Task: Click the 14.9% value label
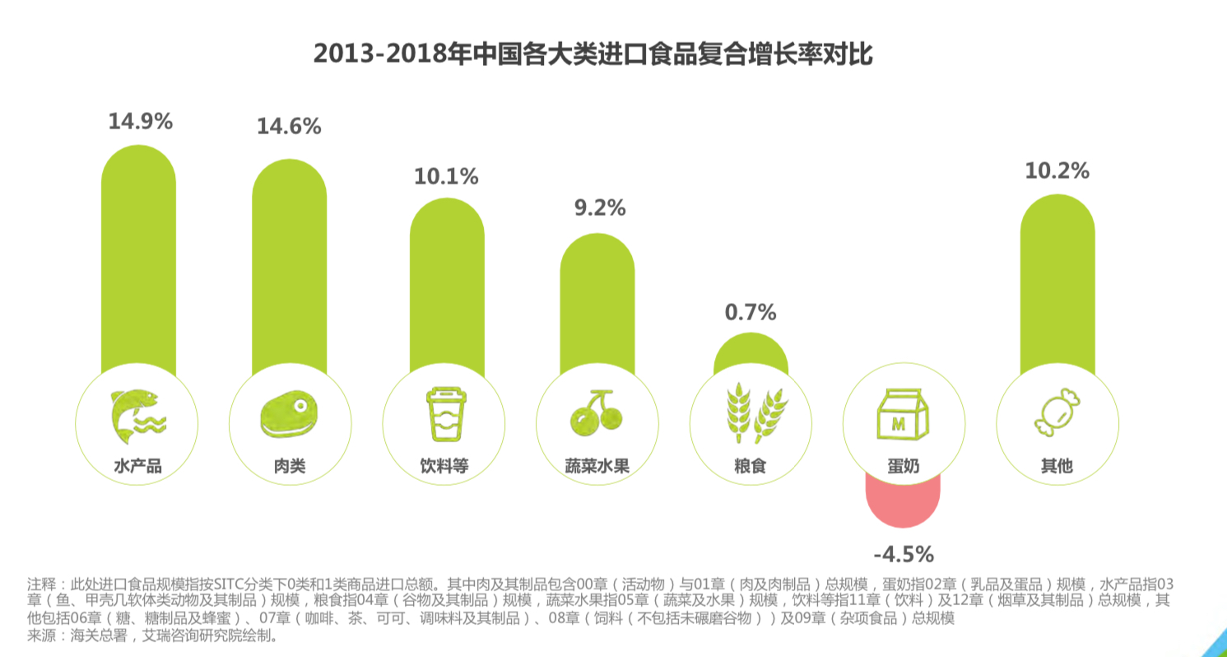point(140,122)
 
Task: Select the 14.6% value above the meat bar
point(289,127)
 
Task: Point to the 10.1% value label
point(446,176)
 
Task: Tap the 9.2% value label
point(599,208)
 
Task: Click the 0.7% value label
point(750,313)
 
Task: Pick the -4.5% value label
point(903,552)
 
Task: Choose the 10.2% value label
point(1057,171)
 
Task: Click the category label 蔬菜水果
point(597,467)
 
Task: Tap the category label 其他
point(1057,467)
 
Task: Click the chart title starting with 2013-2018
point(593,54)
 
